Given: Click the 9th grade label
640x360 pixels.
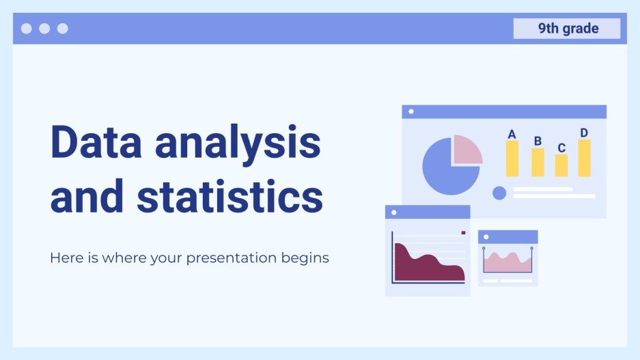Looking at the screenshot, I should (567, 29).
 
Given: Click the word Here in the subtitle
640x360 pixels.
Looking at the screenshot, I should (64, 258).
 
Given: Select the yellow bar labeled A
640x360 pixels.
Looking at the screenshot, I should (512, 158).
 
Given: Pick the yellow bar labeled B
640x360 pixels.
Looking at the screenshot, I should (538, 163).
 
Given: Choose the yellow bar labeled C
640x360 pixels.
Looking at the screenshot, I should (561, 165).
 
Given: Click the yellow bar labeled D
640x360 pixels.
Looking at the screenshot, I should (585, 158).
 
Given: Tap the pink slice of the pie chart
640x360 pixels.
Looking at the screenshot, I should (466, 149).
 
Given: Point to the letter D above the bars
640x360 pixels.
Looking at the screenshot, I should (584, 133).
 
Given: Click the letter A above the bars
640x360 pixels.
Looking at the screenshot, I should (512, 134).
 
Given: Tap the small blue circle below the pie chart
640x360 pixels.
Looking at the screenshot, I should (499, 193).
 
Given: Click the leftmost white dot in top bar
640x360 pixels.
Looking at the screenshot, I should (27, 29).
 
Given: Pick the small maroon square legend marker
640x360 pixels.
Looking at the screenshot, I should (463, 233).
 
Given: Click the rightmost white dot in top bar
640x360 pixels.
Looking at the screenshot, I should (62, 29).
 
